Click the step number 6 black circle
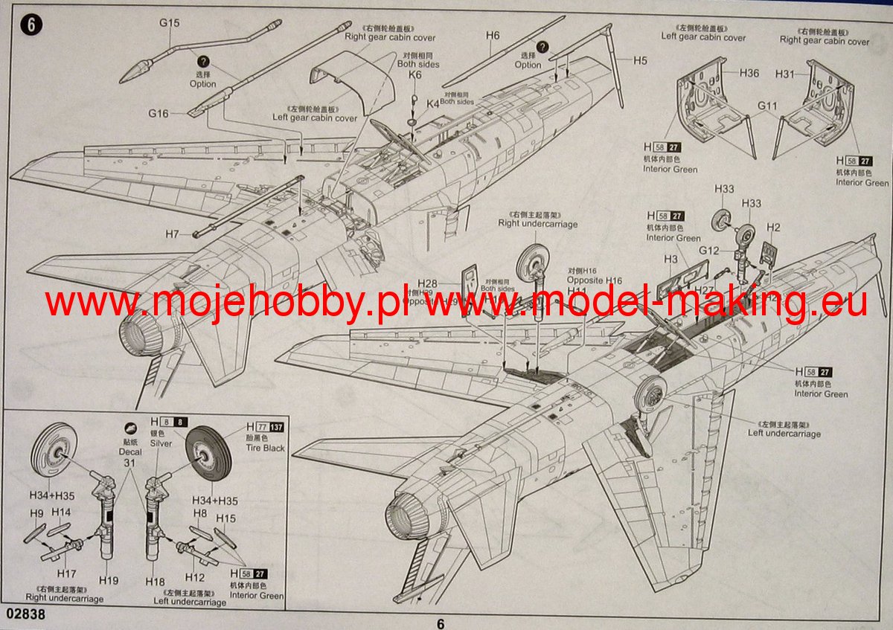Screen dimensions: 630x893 (33, 24)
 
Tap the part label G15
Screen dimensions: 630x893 (169, 23)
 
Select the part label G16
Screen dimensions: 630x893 (158, 114)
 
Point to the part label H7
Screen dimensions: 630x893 (173, 234)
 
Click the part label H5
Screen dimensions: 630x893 (641, 60)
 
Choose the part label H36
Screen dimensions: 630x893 (749, 73)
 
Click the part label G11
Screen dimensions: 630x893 (767, 106)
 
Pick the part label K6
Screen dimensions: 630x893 (415, 75)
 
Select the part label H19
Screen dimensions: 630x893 (109, 580)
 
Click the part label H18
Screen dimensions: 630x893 (155, 581)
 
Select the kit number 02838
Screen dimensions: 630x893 (29, 616)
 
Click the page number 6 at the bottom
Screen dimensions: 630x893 (441, 624)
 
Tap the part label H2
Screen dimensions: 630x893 (773, 228)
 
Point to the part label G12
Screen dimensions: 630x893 (708, 251)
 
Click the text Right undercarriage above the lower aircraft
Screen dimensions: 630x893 (537, 223)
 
